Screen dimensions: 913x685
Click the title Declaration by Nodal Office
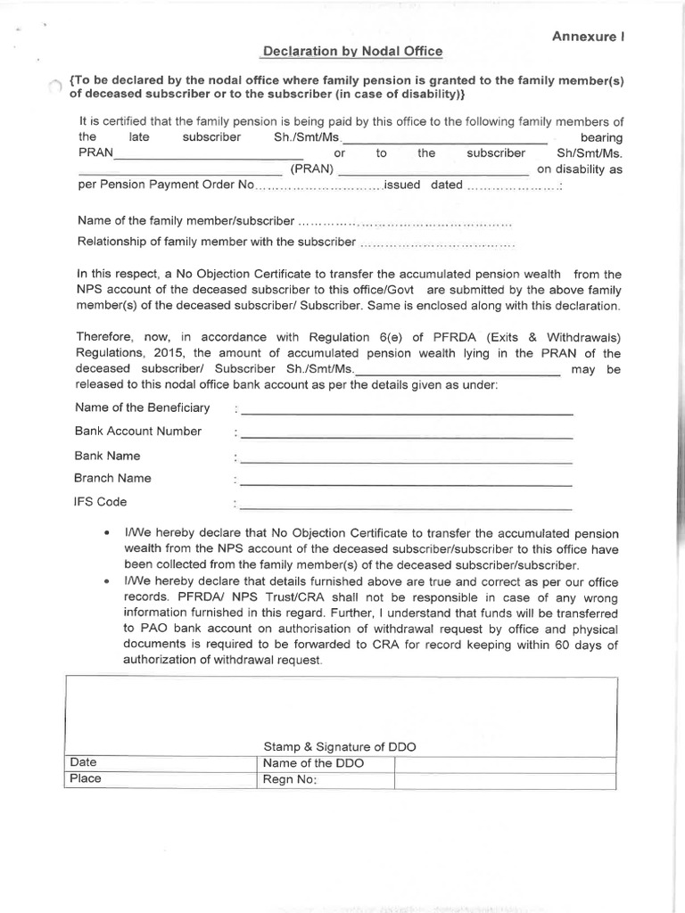coord(352,53)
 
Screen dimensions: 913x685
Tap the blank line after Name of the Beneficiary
coord(406,414)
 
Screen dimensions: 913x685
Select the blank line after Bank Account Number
coord(406,437)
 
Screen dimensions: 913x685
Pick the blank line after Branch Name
coord(406,484)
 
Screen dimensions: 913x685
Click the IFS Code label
coord(101,502)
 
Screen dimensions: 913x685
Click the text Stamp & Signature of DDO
coord(339,746)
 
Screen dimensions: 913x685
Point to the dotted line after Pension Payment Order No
coord(319,186)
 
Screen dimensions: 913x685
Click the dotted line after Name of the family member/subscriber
coord(405,221)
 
